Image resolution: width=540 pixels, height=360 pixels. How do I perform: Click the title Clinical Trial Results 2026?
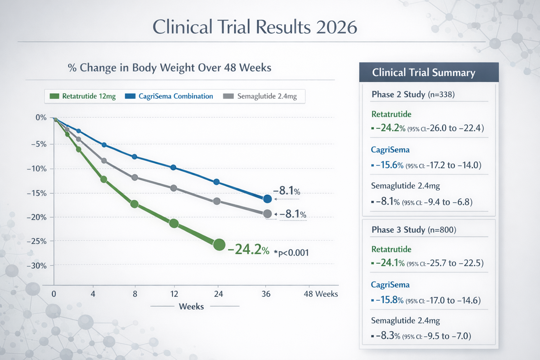[255, 27]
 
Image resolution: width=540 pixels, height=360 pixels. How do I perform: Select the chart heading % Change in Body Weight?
[169, 67]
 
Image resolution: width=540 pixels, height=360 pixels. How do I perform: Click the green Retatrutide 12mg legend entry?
[83, 96]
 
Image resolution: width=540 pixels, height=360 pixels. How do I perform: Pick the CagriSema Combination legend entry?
[169, 96]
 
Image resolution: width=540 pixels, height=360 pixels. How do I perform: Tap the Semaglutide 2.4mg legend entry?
[261, 96]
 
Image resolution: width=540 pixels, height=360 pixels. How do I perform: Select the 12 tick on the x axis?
[174, 294]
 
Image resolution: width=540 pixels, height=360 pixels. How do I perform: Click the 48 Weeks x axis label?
[320, 294]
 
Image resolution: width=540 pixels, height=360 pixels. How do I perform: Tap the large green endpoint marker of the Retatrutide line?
[219, 245]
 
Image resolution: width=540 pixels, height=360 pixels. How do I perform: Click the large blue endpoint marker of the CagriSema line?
[267, 199]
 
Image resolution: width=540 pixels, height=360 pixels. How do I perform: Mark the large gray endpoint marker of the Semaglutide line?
[267, 214]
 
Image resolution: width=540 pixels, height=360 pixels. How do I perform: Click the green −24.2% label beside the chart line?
[249, 250]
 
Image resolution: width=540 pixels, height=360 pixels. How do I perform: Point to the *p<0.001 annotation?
[291, 252]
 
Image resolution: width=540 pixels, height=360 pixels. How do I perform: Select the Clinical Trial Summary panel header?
[429, 72]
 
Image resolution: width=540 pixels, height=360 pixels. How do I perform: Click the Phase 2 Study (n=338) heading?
[413, 94]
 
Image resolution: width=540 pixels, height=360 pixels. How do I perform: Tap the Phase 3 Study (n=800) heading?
[414, 230]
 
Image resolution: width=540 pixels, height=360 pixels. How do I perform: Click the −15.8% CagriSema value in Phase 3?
[390, 300]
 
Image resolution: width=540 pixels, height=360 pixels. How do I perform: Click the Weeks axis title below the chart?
[191, 307]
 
